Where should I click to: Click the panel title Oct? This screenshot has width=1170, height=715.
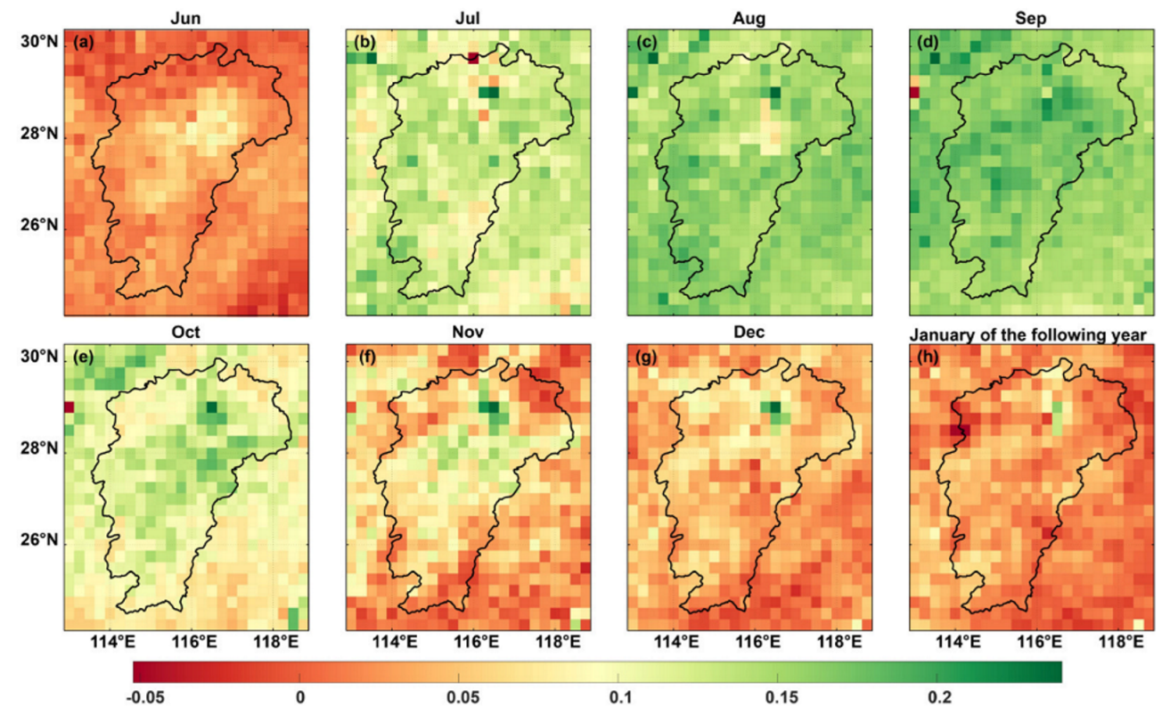point(186,332)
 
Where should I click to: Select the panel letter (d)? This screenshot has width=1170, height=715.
point(930,41)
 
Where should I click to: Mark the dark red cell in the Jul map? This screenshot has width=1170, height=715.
point(472,58)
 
